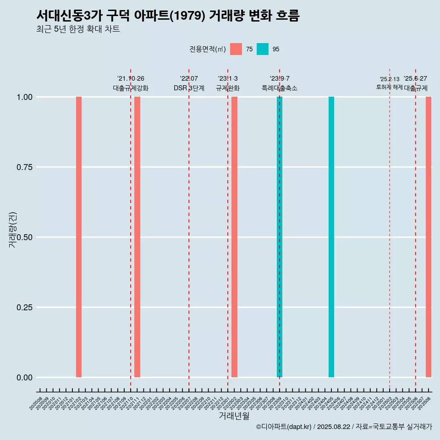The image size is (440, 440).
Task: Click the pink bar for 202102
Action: tap(79, 237)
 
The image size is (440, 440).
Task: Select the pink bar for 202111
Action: tap(137, 237)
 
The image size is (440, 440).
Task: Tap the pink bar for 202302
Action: tap(234, 237)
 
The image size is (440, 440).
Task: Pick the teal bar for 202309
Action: tap(280, 237)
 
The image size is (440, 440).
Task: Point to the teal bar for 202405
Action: tap(331, 237)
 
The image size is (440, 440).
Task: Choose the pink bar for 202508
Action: tap(429, 237)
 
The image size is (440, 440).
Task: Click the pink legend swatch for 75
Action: tap(236, 49)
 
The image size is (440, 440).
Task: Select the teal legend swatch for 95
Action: tap(263, 49)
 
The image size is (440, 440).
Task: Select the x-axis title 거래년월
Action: tap(234, 416)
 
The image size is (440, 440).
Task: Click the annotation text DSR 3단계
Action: tap(189, 88)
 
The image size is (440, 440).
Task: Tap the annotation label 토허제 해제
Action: tap(389, 87)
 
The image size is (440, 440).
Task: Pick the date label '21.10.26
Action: tap(131, 79)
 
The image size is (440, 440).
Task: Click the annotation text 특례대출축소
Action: tap(280, 88)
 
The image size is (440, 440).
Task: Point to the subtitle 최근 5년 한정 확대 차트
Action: tap(78, 29)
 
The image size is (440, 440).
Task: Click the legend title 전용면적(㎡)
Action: tap(207, 49)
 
